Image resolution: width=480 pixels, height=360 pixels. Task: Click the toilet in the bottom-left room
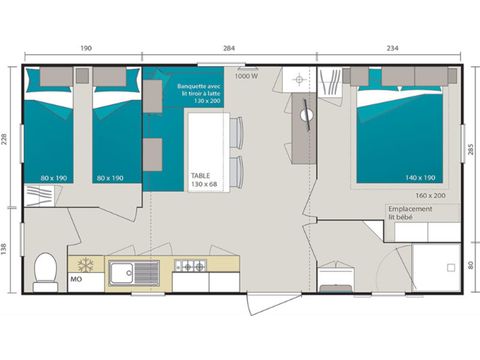[x=45, y=270]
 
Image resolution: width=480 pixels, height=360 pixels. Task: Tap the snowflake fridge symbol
[x=86, y=266]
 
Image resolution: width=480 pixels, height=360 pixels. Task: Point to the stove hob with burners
[x=190, y=266]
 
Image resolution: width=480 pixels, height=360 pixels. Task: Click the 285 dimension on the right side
[x=470, y=152]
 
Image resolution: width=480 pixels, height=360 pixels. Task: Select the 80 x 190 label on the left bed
[x=52, y=178]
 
